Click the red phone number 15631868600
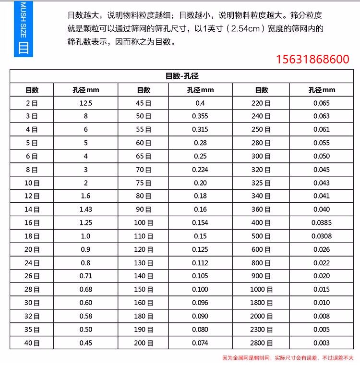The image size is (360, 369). (x=312, y=60)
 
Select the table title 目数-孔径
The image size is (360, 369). (x=182, y=76)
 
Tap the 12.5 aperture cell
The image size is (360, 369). (x=86, y=103)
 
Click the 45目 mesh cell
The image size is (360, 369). (x=144, y=103)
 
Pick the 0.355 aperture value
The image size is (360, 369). (x=200, y=116)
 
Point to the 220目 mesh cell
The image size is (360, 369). (x=261, y=103)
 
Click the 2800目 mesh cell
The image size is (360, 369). (x=261, y=343)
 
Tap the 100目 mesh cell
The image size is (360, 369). (x=144, y=223)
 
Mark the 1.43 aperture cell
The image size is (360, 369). (x=86, y=209)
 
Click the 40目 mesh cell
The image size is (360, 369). (x=32, y=343)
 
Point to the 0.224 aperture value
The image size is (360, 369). (x=200, y=170)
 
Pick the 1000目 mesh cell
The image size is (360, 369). (x=261, y=290)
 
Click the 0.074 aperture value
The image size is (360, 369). (x=200, y=343)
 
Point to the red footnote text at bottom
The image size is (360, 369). (x=288, y=358)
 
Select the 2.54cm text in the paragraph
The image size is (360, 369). (x=249, y=29)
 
